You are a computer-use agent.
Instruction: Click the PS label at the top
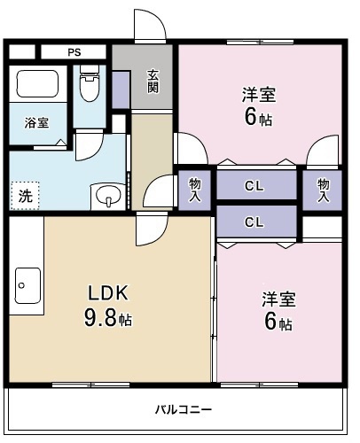(x=74, y=52)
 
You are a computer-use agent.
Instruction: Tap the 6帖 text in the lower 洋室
(x=278, y=323)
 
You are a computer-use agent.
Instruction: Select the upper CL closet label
(x=254, y=186)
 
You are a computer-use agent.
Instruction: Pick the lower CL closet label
(x=254, y=221)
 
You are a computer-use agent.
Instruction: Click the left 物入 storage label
(x=194, y=187)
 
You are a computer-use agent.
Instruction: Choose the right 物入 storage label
(x=323, y=187)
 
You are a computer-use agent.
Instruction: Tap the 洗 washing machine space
(x=26, y=195)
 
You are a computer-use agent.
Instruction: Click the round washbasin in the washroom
(x=107, y=194)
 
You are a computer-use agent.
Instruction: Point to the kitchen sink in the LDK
(x=25, y=285)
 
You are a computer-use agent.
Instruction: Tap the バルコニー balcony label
(x=183, y=409)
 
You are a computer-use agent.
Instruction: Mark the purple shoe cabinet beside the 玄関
(x=121, y=88)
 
